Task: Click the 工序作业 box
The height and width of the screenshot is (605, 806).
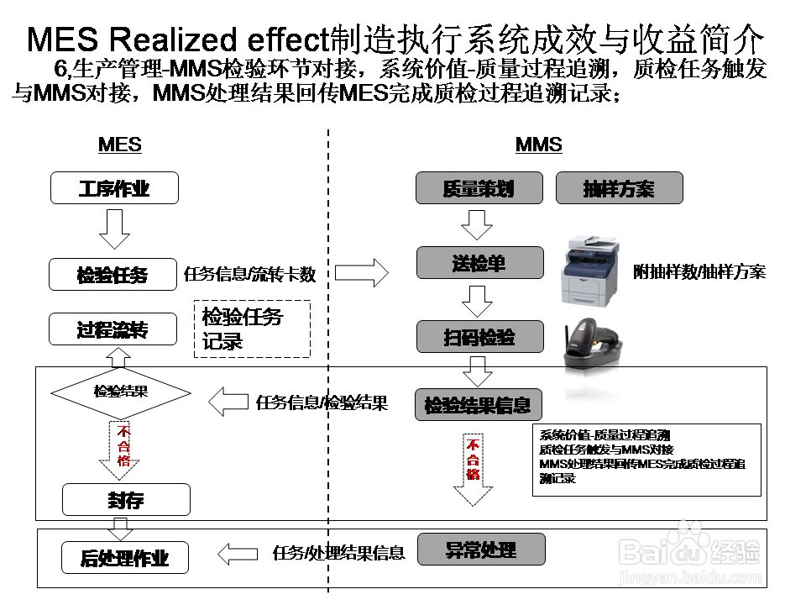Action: click(114, 187)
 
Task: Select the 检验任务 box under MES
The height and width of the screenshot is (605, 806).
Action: click(114, 274)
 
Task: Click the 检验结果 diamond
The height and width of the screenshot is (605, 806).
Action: click(121, 392)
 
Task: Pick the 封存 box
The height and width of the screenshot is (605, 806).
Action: click(126, 500)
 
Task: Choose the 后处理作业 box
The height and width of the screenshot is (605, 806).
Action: click(124, 558)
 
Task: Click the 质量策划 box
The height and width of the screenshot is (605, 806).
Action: click(479, 188)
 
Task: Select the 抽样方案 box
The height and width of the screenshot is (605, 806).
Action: click(619, 188)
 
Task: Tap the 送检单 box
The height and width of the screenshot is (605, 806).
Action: click(479, 263)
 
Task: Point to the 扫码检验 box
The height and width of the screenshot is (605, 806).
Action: click(479, 337)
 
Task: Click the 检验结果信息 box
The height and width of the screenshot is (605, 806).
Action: click(478, 405)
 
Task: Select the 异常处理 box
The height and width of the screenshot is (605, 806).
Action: click(481, 550)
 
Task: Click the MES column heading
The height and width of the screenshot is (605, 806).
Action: click(120, 145)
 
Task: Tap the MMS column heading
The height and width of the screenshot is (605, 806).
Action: click(538, 145)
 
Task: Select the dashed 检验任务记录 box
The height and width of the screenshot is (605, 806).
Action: click(252, 329)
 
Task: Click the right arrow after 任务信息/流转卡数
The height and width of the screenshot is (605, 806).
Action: click(362, 272)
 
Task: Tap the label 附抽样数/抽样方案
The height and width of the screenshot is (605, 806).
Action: click(699, 271)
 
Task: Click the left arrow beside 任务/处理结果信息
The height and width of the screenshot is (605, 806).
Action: click(238, 554)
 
